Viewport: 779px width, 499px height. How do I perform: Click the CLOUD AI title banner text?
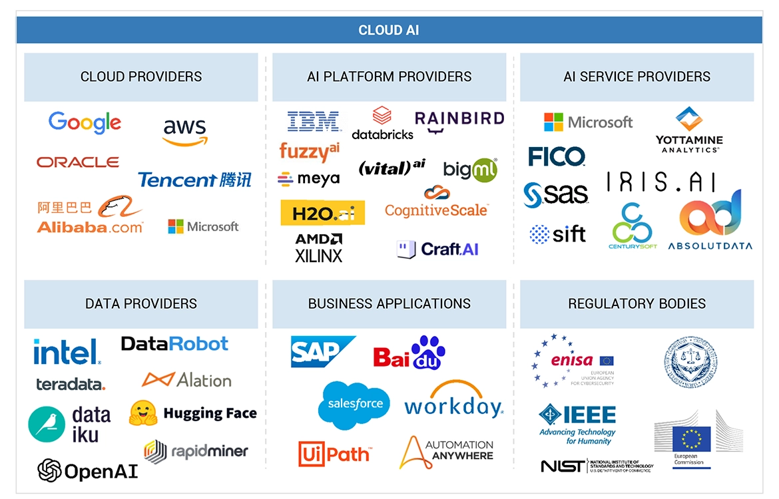[x=389, y=30]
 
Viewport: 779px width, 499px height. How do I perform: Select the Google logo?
[x=85, y=123]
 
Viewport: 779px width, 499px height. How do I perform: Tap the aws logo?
[x=184, y=131]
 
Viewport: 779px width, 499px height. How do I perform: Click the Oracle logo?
[x=78, y=162]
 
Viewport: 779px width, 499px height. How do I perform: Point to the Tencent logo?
[x=194, y=180]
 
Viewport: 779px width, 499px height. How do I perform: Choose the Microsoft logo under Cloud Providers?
[x=203, y=227]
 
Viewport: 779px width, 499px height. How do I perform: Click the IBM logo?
[x=314, y=121]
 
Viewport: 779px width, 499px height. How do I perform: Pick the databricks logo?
[x=382, y=124]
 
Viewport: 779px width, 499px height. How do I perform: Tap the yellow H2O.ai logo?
[x=323, y=213]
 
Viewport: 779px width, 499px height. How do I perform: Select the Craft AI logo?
[x=437, y=249]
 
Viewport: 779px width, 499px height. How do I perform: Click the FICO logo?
[x=557, y=157]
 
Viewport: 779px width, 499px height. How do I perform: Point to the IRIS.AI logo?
[x=661, y=182]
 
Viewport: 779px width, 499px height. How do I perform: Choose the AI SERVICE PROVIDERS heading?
[x=637, y=77]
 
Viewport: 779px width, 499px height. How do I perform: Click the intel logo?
[x=67, y=352]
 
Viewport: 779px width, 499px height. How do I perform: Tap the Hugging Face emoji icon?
[x=143, y=413]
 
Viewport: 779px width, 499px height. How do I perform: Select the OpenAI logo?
[x=87, y=471]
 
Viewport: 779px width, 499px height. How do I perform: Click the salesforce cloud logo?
[x=354, y=404]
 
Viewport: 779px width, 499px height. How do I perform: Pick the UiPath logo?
[x=334, y=454]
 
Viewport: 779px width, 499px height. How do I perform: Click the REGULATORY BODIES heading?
[x=637, y=304]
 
